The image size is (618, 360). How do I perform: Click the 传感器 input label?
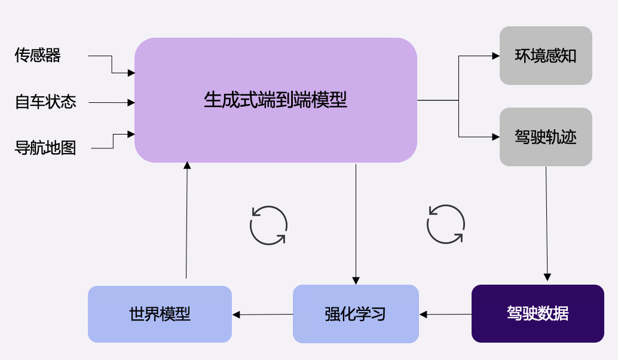pyautogui.click(x=38, y=56)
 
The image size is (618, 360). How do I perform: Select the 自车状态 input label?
pyautogui.click(x=45, y=102)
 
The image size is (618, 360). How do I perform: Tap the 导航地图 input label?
pyautogui.click(x=45, y=148)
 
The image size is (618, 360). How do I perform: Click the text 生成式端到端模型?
pyautogui.click(x=275, y=99)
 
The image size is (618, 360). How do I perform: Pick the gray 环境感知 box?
pyautogui.click(x=546, y=56)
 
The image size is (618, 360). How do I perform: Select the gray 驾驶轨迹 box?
pyautogui.click(x=546, y=137)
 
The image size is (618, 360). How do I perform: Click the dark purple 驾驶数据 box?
pyautogui.click(x=537, y=313)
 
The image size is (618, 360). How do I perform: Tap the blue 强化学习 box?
pyautogui.click(x=356, y=314)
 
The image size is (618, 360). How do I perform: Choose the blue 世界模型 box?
pyautogui.click(x=160, y=314)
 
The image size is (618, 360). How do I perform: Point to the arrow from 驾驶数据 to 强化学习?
pyautogui.click(x=445, y=314)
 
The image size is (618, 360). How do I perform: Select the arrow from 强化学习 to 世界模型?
pyautogui.click(x=262, y=315)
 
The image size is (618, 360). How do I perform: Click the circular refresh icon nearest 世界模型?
pyautogui.click(x=268, y=225)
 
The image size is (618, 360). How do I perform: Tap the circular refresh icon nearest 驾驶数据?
pyautogui.click(x=445, y=224)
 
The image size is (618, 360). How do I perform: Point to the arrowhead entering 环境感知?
pyautogui.click(x=495, y=56)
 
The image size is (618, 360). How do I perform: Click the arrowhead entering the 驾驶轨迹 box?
pyautogui.click(x=495, y=137)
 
